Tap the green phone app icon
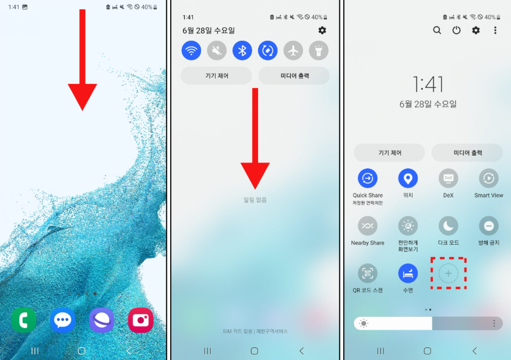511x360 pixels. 24,320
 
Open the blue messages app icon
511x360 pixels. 62,320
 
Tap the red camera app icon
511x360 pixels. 141,320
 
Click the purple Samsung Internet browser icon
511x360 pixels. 102,320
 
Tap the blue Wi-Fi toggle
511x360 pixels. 191,51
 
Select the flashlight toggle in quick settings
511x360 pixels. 319,51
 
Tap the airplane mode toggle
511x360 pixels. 293,51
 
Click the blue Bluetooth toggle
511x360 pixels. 242,51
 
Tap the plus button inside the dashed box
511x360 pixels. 449,273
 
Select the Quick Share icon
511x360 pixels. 368,178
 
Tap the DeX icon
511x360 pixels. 449,178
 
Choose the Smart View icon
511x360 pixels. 489,178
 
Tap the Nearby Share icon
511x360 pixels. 368,226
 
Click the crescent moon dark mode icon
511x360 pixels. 449,226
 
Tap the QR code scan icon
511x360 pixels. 368,273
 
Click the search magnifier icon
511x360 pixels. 437,30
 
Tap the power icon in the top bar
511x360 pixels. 456,30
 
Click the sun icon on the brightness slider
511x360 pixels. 364,323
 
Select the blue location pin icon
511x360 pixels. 408,178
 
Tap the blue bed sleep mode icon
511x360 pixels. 408,273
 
